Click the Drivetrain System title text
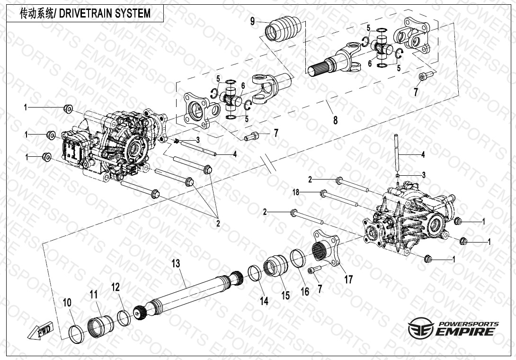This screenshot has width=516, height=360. (85, 14)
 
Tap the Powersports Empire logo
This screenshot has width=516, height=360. (454, 328)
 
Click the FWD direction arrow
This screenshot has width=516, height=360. (42, 331)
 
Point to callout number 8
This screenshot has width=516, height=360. (335, 120)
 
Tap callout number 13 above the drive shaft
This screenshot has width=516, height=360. (176, 262)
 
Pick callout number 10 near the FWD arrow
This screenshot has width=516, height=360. (67, 302)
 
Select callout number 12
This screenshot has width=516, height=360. (116, 287)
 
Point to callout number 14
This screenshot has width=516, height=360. (264, 300)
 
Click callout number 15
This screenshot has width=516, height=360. (285, 296)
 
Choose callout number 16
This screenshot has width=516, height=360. (305, 291)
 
